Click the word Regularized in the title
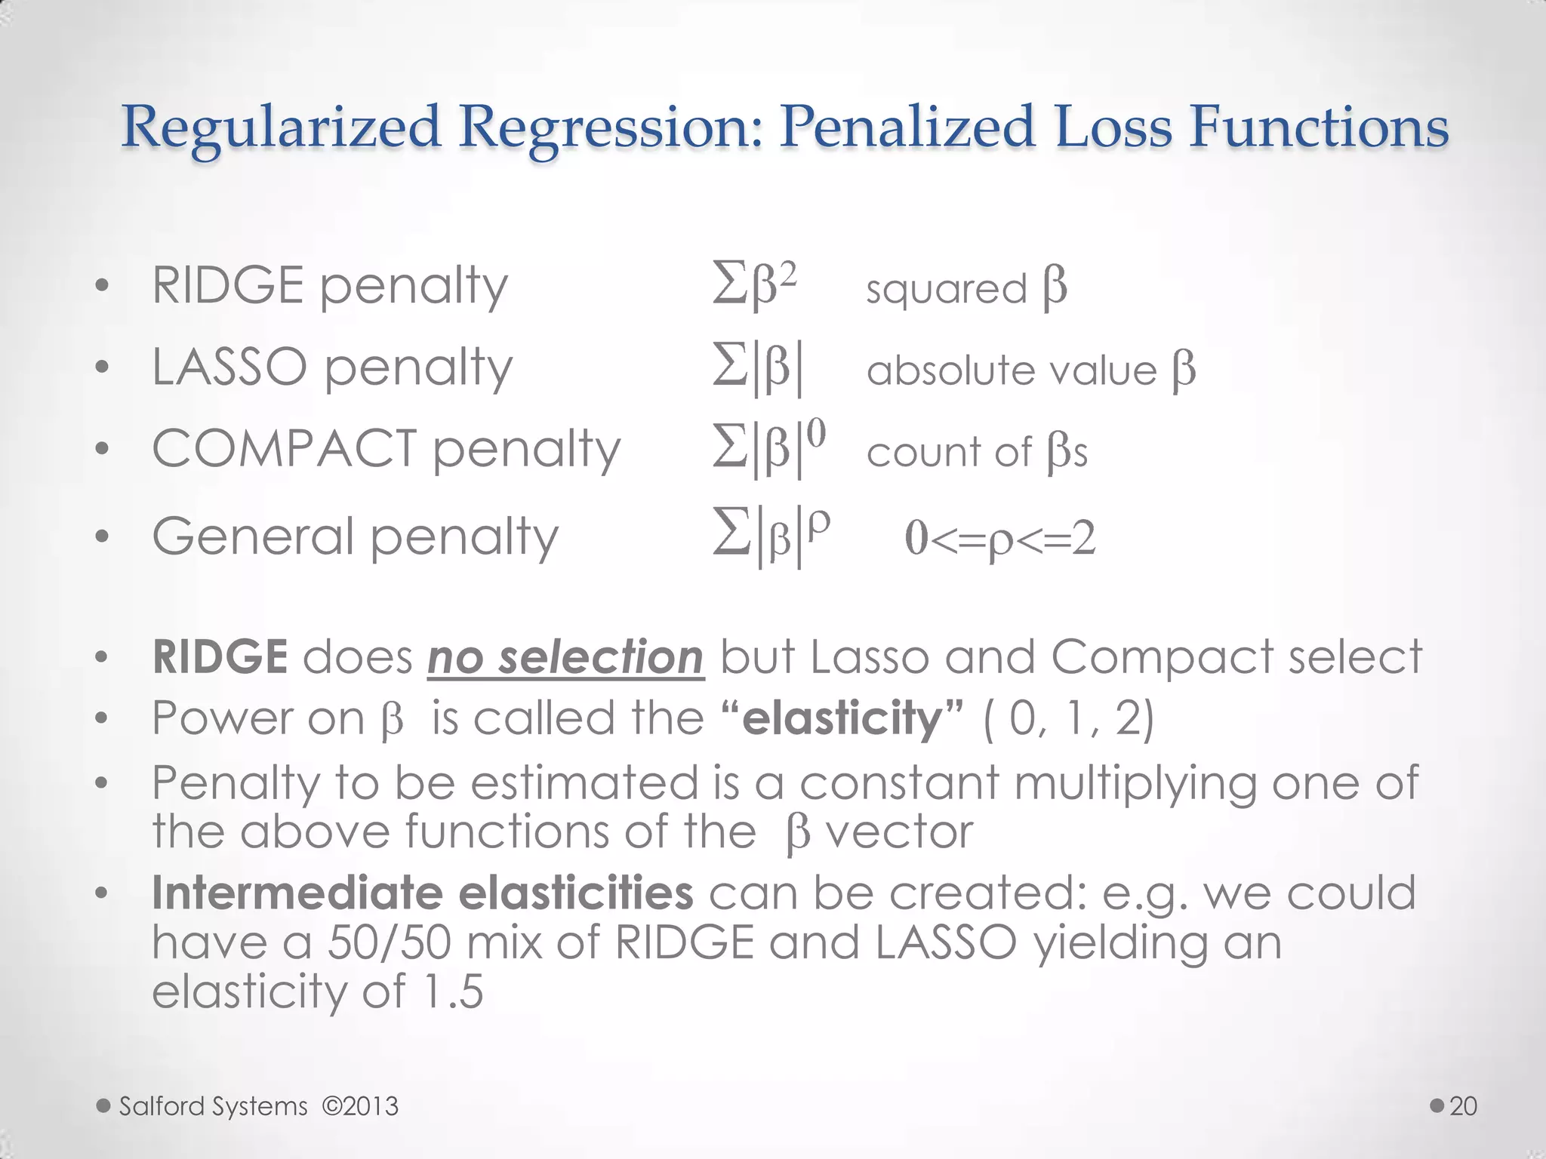280,127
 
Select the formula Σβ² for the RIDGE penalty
754,286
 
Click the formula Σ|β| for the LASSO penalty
758,369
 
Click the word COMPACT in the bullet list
285,448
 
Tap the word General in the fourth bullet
253,536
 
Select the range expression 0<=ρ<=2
999,538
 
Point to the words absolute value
1012,370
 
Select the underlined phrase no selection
565,656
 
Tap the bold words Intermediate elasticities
422,893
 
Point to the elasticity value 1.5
452,991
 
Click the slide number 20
1463,1106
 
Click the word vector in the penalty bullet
899,832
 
